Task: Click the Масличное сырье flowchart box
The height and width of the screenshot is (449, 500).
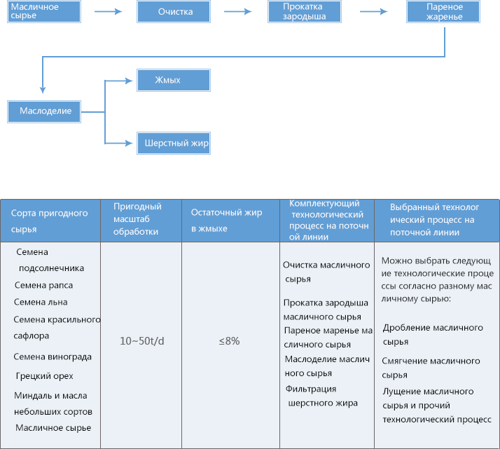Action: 44,11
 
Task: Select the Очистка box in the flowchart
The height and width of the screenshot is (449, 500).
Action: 174,11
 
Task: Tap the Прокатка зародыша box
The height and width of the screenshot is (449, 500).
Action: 305,11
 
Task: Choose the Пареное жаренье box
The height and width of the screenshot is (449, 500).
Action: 443,11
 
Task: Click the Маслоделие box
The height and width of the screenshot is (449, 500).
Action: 44,111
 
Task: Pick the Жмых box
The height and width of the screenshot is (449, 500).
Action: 174,80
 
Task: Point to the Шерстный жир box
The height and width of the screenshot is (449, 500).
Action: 174,143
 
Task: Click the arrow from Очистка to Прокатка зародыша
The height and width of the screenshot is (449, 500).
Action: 238,11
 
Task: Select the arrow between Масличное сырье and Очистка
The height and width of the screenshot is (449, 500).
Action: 109,11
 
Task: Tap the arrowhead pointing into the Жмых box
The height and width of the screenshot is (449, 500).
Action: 129,81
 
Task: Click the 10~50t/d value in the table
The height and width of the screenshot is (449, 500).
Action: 142,341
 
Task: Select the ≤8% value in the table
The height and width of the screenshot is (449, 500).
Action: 229,341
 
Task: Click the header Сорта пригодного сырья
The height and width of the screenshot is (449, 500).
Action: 50,221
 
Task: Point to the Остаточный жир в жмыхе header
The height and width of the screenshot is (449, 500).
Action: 226,221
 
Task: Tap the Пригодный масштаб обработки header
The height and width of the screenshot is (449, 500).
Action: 137,219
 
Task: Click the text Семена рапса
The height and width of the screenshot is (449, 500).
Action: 43,285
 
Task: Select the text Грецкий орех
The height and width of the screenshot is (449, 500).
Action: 44,376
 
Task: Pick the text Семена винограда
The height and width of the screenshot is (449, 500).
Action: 53,357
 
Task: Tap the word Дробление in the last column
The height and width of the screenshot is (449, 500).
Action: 403,328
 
